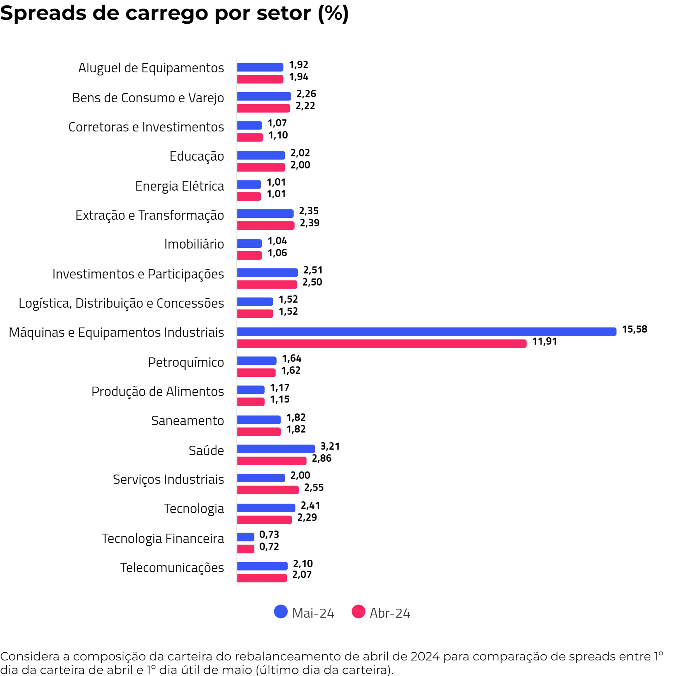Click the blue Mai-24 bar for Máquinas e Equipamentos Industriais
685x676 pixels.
coord(426,331)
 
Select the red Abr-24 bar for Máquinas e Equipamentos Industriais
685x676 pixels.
coord(381,343)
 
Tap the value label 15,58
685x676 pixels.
coord(634,329)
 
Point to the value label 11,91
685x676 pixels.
coord(544,341)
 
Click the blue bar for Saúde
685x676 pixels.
coord(276,449)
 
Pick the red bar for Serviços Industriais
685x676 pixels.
coord(268,490)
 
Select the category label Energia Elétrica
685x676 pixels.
coord(179,186)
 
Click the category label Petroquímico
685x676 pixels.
coord(186,362)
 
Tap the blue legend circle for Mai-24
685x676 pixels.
coord(281,611)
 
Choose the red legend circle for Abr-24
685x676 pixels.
coord(358,611)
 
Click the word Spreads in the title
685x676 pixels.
coord(43,13)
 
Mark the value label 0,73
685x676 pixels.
coord(269,534)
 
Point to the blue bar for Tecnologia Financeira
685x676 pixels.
coord(246,537)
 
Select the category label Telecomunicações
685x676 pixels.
coord(172,567)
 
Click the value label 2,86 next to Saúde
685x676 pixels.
coord(321,458)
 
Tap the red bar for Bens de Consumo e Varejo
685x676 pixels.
coord(263,108)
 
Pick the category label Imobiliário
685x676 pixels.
coord(194,244)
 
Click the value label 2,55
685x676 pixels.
coord(314,487)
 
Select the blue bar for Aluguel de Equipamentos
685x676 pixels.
coord(260,67)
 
